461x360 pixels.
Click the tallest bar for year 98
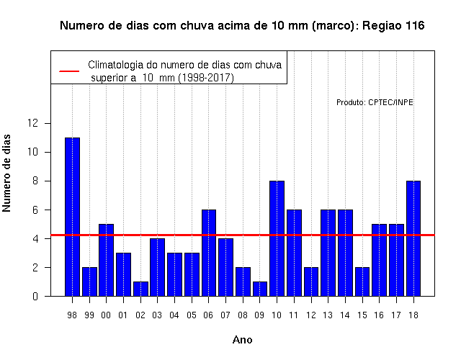click(72, 217)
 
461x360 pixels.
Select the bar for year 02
click(140, 289)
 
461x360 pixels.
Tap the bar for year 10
click(277, 238)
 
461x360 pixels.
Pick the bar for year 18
click(413, 238)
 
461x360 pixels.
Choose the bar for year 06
click(209, 253)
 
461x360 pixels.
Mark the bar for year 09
click(260, 289)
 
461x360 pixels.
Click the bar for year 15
click(362, 282)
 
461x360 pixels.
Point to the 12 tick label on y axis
click(33, 123)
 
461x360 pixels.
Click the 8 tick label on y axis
click(35, 181)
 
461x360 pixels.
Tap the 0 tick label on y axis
click(35, 296)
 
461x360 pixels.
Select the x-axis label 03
click(157, 315)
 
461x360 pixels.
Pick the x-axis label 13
click(328, 315)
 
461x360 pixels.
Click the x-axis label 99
click(89, 315)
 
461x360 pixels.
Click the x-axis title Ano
click(243, 340)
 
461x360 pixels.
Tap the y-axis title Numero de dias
click(6, 174)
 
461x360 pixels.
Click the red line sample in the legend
click(69, 71)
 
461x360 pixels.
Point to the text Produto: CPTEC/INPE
click(375, 102)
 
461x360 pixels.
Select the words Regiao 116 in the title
click(393, 26)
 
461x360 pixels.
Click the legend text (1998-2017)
click(206, 78)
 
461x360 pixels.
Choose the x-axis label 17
click(396, 315)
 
